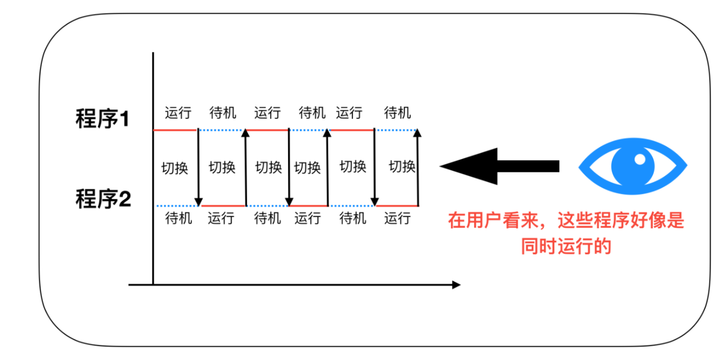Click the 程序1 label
click(x=103, y=119)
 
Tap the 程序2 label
click(x=103, y=199)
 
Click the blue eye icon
click(x=632, y=166)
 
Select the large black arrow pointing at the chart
click(x=499, y=166)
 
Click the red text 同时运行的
click(x=566, y=247)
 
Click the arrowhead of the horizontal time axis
click(x=456, y=285)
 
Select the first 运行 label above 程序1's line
click(x=178, y=113)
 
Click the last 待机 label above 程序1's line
click(x=397, y=113)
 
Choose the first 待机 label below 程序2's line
click(x=178, y=218)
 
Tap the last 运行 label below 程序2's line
click(x=397, y=218)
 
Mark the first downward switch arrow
click(x=199, y=167)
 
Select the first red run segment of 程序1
click(x=175, y=130)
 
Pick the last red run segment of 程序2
click(x=397, y=206)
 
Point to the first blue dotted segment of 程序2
click(x=175, y=206)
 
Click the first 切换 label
click(x=175, y=168)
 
